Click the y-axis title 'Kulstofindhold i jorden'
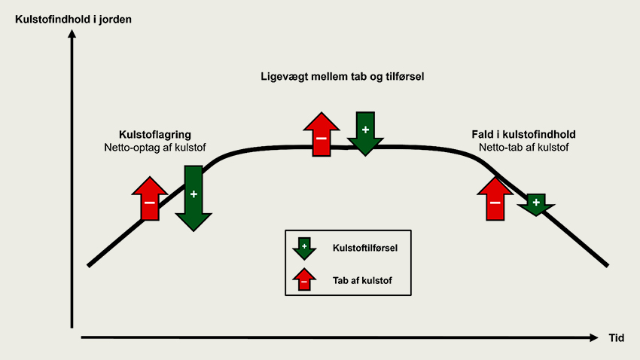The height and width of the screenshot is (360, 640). (74, 19)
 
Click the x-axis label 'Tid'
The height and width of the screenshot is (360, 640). (616, 338)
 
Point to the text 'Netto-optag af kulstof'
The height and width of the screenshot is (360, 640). (154, 148)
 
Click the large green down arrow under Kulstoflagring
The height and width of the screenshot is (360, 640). (194, 197)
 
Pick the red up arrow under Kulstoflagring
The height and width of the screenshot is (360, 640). (150, 200)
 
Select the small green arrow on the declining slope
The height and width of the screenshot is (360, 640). (536, 204)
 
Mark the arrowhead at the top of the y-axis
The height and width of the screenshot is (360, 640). (72, 35)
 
